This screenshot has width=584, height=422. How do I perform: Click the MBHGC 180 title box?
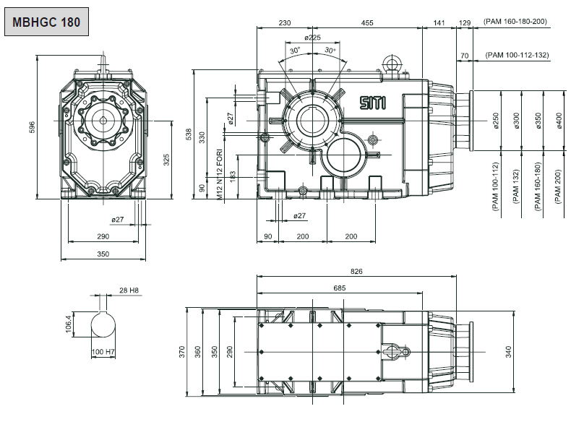46,22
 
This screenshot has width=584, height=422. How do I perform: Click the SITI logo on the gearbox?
373,103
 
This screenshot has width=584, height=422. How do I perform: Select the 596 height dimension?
32,126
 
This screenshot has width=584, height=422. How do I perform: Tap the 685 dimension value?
340,288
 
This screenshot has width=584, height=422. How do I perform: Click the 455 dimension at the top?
367,23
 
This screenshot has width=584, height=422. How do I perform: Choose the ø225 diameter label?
312,37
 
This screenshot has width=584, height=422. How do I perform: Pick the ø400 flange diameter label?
559,121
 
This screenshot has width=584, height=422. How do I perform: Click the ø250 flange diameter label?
496,121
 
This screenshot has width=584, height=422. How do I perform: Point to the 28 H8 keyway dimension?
128,290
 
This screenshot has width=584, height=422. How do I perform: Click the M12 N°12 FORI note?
219,174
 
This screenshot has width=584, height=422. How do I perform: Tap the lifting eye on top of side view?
395,64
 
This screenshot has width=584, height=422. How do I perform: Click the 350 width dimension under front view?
103,254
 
